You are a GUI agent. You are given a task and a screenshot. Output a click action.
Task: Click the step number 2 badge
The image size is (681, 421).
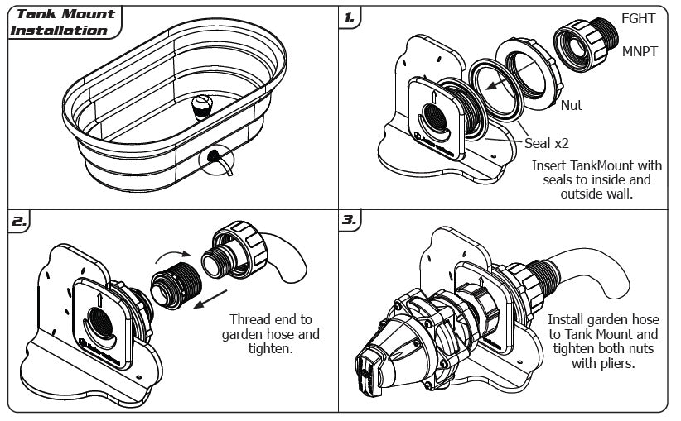pos(19,222)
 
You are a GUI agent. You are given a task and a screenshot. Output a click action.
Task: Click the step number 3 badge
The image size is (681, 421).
pos(350,222)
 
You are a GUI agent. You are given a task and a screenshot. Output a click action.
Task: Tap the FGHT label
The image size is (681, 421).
pos(640,18)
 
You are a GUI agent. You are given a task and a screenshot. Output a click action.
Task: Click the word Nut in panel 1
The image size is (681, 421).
pos(572,105)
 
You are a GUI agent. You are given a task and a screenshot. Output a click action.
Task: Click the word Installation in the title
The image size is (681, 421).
pos(58,31)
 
